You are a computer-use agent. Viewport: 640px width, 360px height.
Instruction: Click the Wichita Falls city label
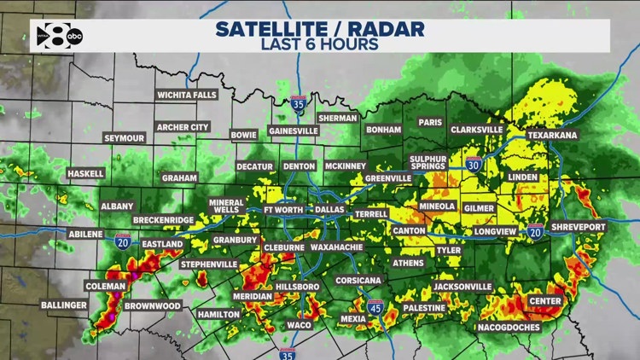point(187,96)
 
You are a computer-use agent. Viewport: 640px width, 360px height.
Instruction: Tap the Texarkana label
point(551,135)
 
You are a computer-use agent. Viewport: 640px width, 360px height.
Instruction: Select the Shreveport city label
point(578,227)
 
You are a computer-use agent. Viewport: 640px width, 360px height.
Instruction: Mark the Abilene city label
point(85,234)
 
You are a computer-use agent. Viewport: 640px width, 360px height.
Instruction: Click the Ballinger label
point(64,305)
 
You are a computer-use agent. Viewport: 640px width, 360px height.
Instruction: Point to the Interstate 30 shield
point(474,165)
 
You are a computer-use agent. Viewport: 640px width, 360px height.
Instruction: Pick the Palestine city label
point(424,307)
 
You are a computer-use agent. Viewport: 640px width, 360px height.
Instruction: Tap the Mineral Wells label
point(227,207)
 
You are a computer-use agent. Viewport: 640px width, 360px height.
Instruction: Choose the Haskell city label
point(85,173)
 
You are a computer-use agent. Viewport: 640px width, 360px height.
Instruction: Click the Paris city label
point(430,122)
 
